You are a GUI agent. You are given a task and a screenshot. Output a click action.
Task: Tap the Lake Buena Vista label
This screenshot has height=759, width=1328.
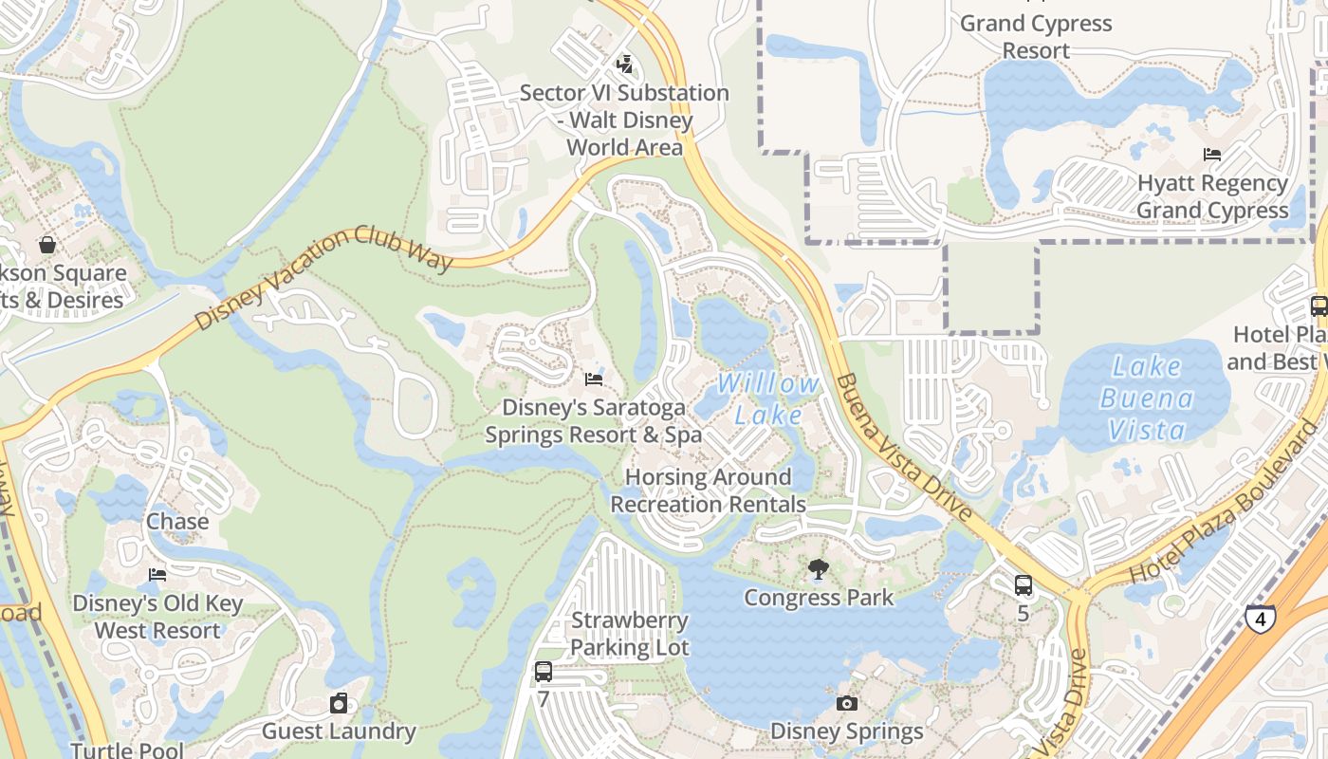1146,398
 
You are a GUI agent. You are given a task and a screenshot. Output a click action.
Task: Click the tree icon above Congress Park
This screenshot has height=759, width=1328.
818,569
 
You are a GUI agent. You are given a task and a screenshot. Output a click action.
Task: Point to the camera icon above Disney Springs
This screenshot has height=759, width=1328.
847,703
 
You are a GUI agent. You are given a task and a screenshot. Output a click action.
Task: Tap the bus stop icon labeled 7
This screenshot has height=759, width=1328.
544,672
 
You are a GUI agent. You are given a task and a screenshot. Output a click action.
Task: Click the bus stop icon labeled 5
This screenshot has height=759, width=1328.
1023,585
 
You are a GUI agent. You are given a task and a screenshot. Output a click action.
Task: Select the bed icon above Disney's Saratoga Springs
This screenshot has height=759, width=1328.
594,379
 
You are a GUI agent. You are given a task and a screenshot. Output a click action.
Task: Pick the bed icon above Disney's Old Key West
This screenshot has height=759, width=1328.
157,575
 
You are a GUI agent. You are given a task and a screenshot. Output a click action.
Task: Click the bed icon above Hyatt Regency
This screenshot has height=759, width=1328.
1211,154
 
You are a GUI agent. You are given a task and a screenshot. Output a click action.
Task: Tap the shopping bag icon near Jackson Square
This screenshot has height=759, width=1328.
46,245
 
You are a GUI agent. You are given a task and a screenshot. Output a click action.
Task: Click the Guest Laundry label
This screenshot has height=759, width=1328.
339,731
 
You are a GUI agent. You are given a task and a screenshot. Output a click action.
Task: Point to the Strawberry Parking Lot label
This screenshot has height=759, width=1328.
630,634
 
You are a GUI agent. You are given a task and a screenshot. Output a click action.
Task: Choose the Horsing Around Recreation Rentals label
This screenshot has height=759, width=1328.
708,491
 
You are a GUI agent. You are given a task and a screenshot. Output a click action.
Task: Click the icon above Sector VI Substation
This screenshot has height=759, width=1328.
624,65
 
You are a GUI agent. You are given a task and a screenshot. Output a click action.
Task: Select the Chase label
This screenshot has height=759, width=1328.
177,522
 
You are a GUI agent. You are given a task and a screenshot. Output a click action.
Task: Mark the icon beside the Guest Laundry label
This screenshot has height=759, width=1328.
339,703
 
